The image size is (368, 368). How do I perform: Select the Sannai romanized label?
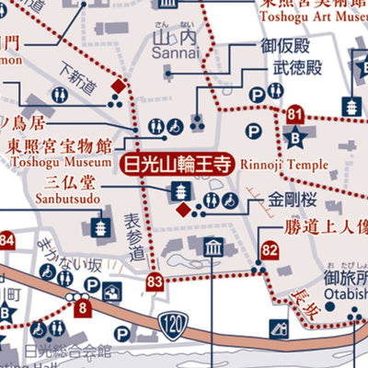click(174, 55)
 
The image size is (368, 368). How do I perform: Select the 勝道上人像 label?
click(313, 225)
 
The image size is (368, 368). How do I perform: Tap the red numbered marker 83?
click(155, 282)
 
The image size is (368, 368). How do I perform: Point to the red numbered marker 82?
click(269, 249)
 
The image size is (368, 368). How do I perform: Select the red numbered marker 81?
click(294, 115)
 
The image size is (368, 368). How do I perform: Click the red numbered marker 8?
click(84, 309)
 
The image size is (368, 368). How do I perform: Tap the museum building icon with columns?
click(213, 247)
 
